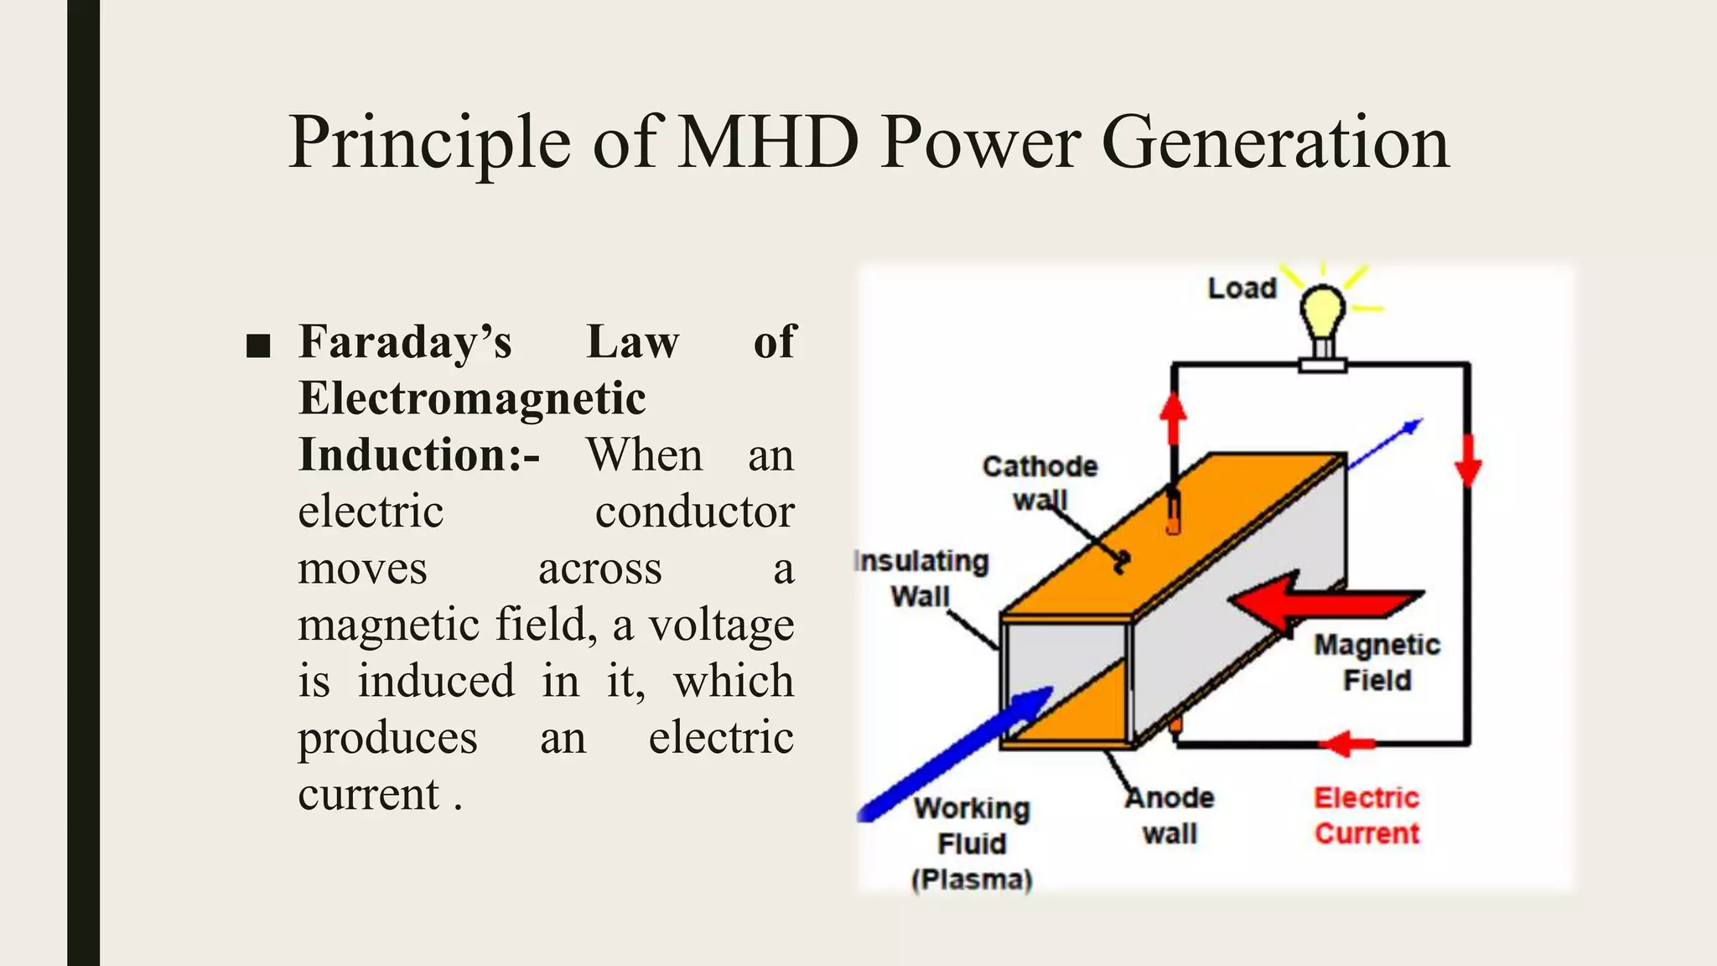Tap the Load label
point(1242,288)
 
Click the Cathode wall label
point(1040,482)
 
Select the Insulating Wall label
point(921,579)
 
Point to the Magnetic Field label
point(1377,662)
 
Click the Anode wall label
point(1170,815)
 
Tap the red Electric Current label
point(1367,815)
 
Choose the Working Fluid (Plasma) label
point(972,844)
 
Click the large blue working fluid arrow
point(956,755)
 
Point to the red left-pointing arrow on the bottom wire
point(1348,743)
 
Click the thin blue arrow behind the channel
point(1388,440)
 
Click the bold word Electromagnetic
point(472,398)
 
